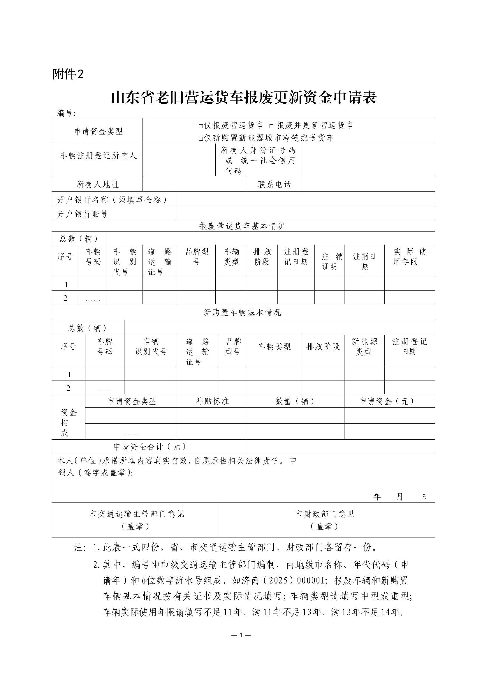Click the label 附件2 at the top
coord(68,74)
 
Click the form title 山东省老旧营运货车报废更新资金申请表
coord(244,98)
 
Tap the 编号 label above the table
coord(66,113)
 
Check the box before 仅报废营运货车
coord(200,126)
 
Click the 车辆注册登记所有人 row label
coord(98,155)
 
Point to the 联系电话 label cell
coord(274,185)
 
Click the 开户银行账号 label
coord(82,214)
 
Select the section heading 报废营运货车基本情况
coord(242,226)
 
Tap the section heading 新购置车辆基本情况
coord(242,312)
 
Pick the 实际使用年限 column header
coord(409,257)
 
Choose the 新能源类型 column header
coord(364,347)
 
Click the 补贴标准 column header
coord(212,401)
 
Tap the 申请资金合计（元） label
coord(150,447)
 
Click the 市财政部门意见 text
coord(325,514)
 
